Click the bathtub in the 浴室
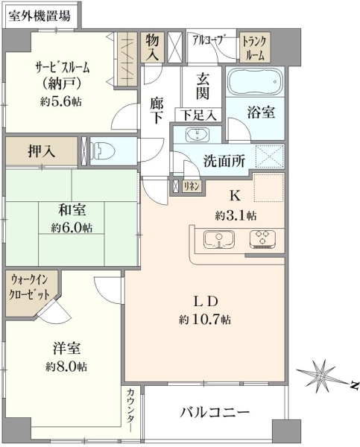point(256,81)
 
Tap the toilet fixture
point(102,150)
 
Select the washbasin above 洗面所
point(197,135)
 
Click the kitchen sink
point(219,239)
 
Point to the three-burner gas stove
point(262,238)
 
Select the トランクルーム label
point(254,48)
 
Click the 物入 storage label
point(152,48)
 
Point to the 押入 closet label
point(41,151)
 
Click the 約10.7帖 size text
point(204,320)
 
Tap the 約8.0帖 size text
point(66,367)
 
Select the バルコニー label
point(215,412)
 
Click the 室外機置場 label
point(40,16)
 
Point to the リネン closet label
point(191,186)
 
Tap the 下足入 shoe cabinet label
point(198,115)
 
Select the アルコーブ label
point(209,40)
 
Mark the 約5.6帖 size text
point(61,101)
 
